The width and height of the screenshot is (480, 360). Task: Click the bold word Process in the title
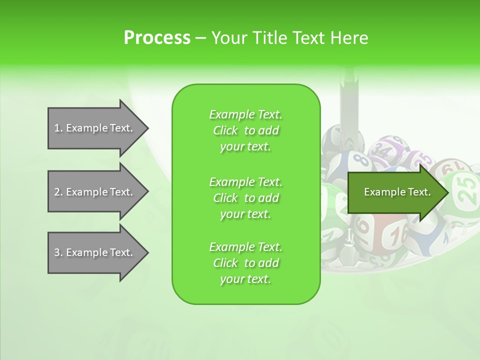(157, 38)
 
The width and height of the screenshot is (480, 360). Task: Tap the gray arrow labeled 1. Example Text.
(95, 128)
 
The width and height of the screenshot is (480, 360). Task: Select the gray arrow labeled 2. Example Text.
(95, 192)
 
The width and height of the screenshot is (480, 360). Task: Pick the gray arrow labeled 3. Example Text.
(95, 252)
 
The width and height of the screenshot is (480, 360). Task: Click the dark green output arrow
(395, 192)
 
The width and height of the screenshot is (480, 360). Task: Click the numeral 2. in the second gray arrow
(58, 192)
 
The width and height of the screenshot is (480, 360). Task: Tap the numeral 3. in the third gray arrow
(58, 252)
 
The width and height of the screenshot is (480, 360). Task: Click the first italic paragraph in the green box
(245, 130)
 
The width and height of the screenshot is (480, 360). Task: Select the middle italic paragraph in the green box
(245, 197)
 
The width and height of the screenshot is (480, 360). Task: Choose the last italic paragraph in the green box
(245, 263)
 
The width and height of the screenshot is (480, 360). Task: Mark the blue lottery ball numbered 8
(359, 162)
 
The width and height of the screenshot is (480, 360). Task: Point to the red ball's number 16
(397, 235)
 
